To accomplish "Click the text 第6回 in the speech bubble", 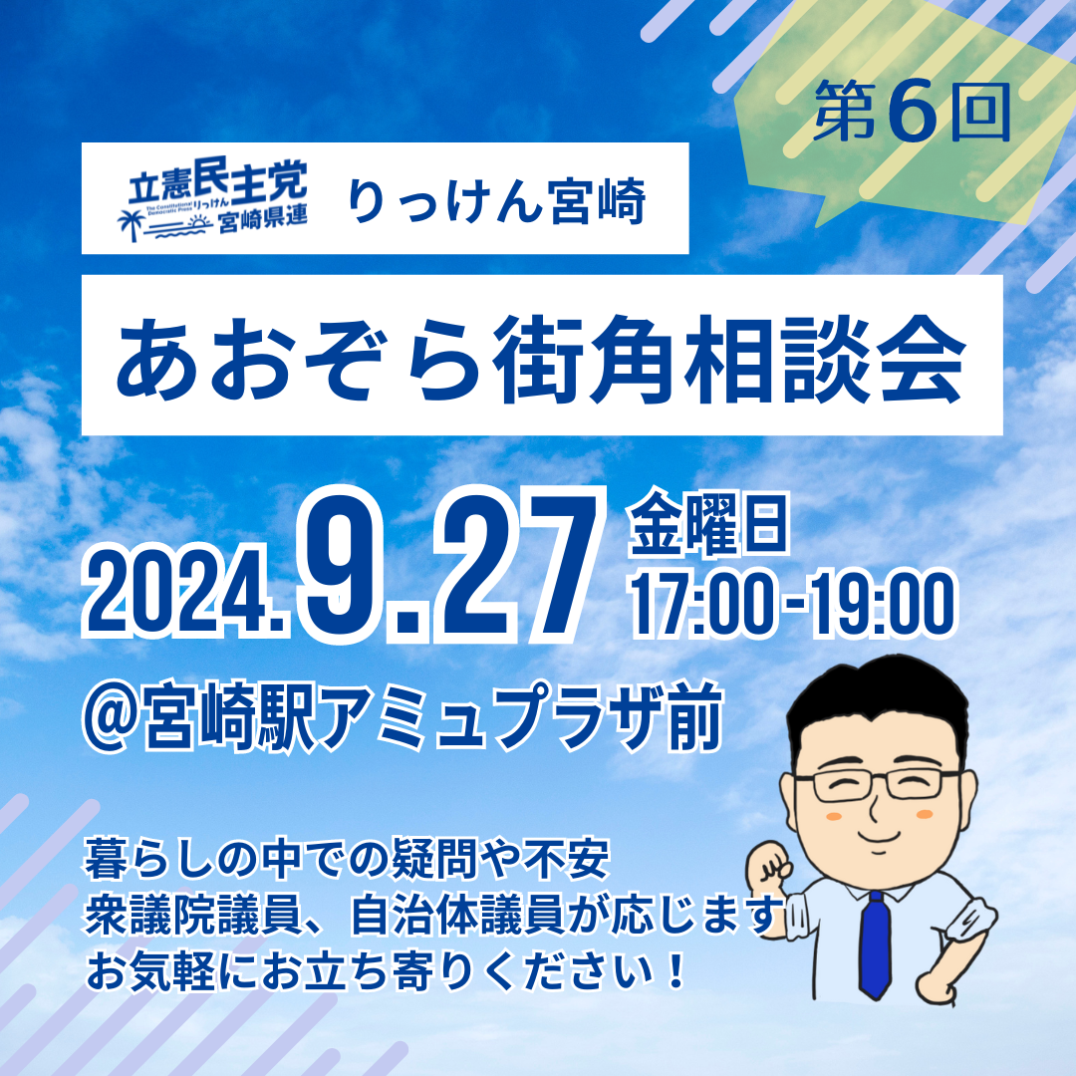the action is [912, 112].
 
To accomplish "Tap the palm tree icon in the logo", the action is [131, 224].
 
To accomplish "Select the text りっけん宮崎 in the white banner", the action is [497, 200].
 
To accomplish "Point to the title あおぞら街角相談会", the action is [541, 359].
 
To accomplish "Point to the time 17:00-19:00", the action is [793, 605].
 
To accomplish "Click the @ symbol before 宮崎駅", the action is [112, 716].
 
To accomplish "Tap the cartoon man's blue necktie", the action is [875, 943].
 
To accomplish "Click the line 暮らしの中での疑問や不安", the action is [346, 859].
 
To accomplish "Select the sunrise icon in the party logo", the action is [199, 221].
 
